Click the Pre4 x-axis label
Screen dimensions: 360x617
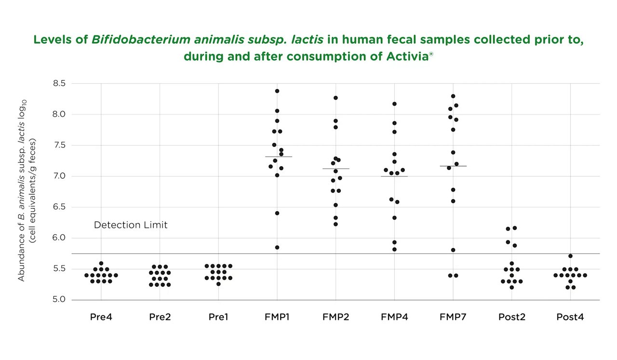pyautogui.click(x=101, y=317)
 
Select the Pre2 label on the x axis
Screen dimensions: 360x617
pyautogui.click(x=160, y=317)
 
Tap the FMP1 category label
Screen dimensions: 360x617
pyautogui.click(x=277, y=317)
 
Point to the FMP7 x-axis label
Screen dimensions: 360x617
pyautogui.click(x=453, y=317)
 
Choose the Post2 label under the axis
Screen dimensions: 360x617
pyautogui.click(x=511, y=317)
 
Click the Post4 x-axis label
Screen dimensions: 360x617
pyautogui.click(x=570, y=317)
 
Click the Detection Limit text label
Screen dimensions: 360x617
pyautogui.click(x=131, y=225)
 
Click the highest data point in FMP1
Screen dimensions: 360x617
pyautogui.click(x=277, y=91)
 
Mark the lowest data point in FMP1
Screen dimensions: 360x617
pyautogui.click(x=277, y=248)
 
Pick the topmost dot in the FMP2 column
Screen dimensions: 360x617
pyautogui.click(x=335, y=98)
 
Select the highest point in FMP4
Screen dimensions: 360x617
pyautogui.click(x=394, y=104)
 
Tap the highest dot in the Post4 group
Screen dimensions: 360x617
pyautogui.click(x=570, y=256)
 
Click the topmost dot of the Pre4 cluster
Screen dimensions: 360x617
pyautogui.click(x=101, y=264)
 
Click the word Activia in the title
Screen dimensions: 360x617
pyautogui.click(x=408, y=56)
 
